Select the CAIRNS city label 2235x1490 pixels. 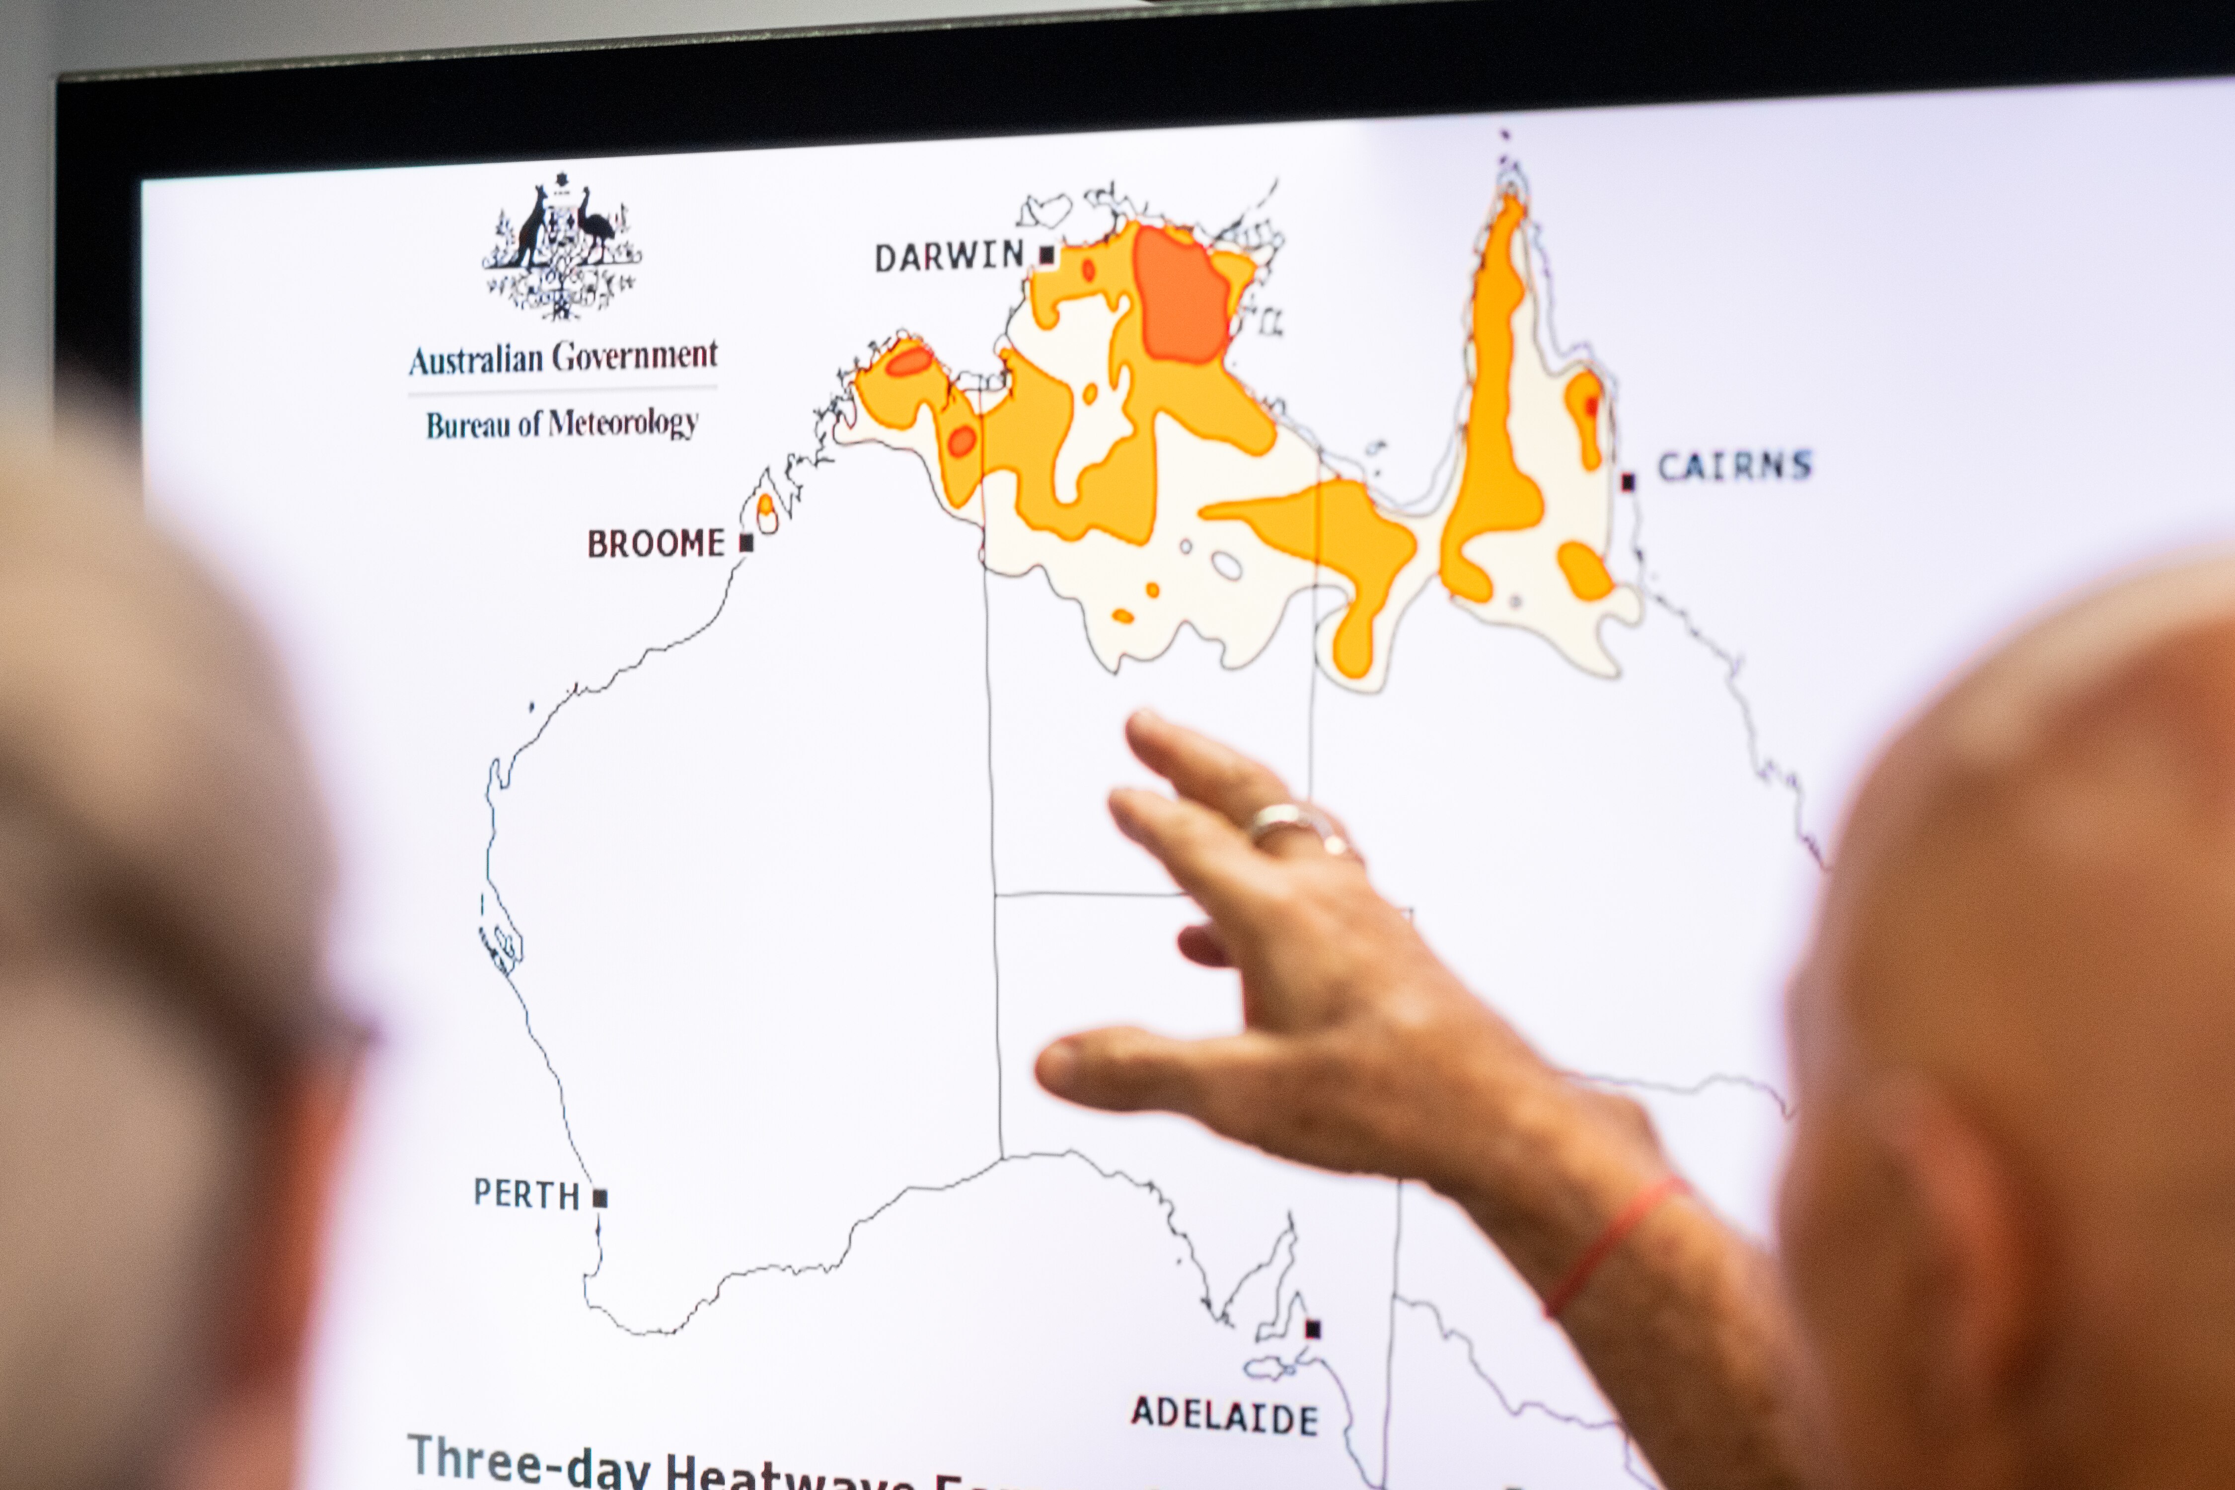tap(1734, 466)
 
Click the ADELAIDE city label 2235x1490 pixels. tap(1224, 1416)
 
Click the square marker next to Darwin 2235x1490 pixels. tap(1047, 255)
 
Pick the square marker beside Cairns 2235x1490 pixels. tap(1628, 482)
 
